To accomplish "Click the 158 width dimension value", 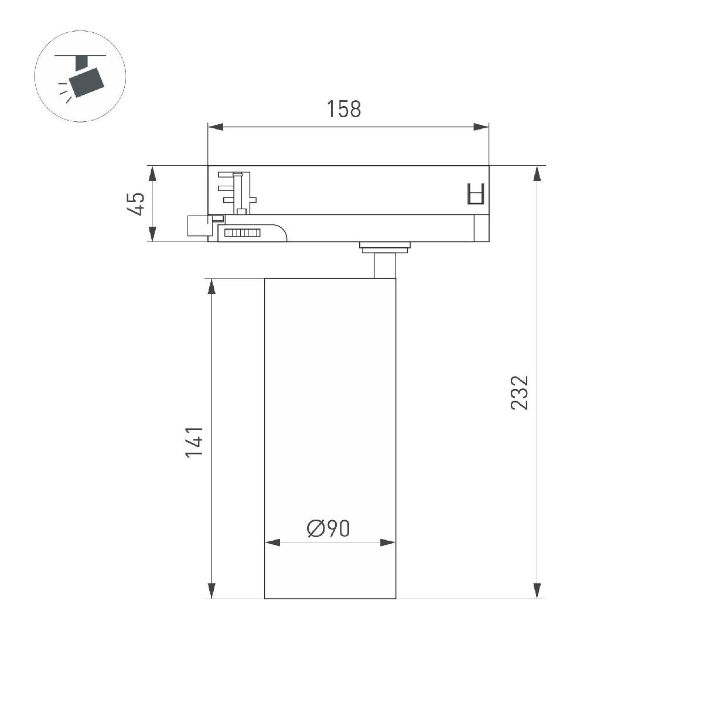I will coord(344,109).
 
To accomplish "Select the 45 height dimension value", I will coord(136,204).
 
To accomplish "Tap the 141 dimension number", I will coord(194,442).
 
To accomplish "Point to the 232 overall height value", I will coord(520,393).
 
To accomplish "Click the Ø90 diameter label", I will coord(328,529).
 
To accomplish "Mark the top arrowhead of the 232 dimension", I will coord(537,174).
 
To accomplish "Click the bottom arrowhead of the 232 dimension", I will coord(537,591).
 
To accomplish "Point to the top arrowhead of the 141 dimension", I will coord(211,286).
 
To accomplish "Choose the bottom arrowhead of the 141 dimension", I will coord(211,591).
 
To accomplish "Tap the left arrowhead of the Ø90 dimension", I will coord(272,542).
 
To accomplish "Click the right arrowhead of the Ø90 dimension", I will coord(388,542).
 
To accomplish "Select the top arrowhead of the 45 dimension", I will coord(152,174).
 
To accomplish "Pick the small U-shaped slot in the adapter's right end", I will coord(476,194).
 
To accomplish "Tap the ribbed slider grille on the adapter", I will coord(243,233).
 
